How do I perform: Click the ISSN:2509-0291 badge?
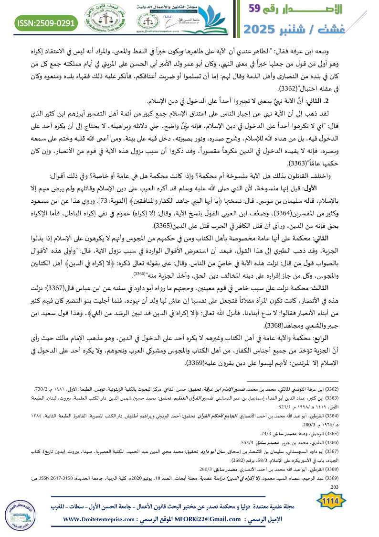pos(46,22)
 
